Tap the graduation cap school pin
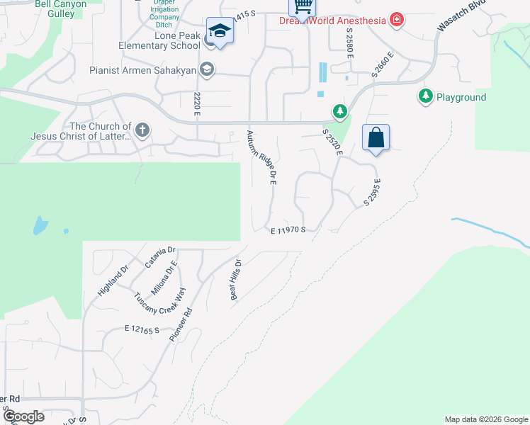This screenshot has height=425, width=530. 220,32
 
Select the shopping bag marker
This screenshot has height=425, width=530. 376,138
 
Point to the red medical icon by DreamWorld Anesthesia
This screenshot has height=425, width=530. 396,20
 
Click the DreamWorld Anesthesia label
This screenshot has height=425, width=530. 332,20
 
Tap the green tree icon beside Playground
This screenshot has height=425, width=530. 425,96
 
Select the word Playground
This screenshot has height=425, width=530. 461,97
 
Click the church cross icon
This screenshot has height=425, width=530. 142,130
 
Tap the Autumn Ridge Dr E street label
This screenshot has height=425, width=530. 261,157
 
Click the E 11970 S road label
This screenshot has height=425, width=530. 288,230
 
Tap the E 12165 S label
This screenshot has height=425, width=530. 142,329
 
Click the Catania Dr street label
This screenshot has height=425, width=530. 160,256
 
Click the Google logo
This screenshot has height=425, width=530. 23,416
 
